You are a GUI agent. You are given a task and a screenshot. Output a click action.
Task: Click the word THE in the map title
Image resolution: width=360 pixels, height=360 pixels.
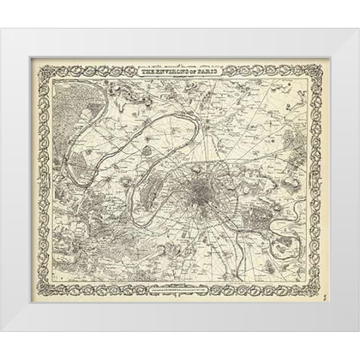click(147, 72)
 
